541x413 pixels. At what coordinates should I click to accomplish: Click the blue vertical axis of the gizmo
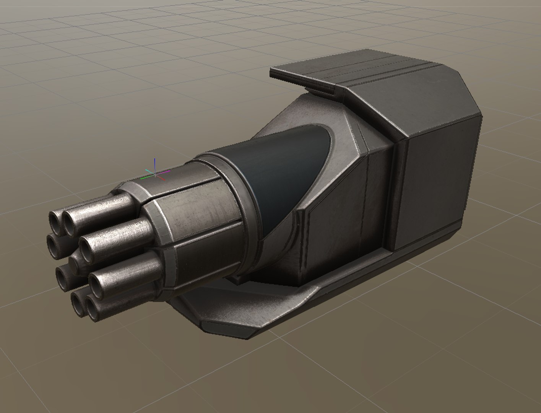coord(154,164)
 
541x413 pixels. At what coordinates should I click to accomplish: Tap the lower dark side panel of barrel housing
coord(203,268)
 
